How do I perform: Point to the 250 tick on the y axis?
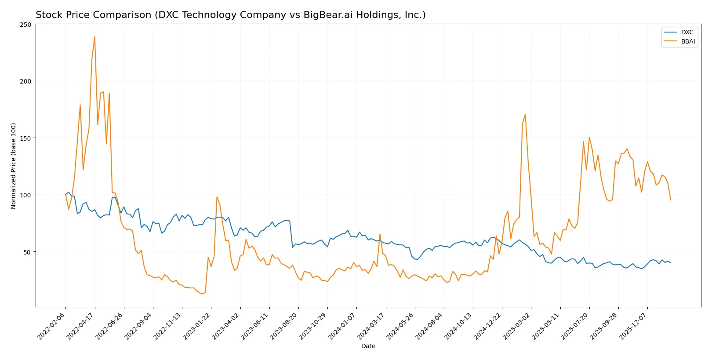(26, 25)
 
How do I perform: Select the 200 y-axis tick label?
(26, 81)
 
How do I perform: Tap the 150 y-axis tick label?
(26, 138)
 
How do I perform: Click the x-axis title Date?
(368, 346)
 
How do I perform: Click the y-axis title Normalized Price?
(14, 166)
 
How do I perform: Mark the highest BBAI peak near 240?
(94, 37)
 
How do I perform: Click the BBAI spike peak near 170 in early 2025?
(525, 115)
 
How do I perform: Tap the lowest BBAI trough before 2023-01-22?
(202, 294)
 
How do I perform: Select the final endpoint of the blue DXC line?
(671, 263)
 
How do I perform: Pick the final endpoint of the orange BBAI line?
(671, 200)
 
